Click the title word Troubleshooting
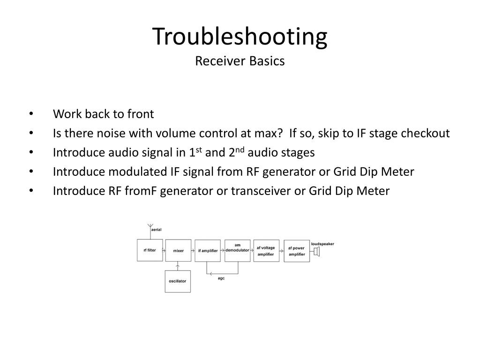click(240, 37)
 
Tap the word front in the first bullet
click(140, 114)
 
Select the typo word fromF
click(140, 191)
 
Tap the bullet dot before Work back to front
click(31, 114)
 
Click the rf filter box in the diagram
click(150, 250)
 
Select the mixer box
click(178, 251)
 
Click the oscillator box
click(178, 281)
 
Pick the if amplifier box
click(208, 251)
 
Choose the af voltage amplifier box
click(266, 251)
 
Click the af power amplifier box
click(296, 251)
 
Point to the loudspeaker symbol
click(317, 253)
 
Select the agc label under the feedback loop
click(221, 278)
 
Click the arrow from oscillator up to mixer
click(178, 266)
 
